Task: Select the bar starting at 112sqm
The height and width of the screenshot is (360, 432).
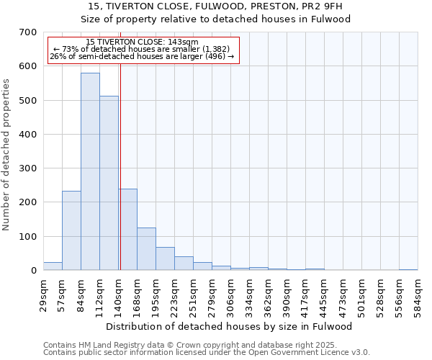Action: point(109,183)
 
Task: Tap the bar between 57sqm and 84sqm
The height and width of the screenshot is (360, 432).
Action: point(71,230)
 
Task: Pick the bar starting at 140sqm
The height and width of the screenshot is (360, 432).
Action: point(128,230)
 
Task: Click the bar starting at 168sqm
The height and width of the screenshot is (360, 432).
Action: point(146,249)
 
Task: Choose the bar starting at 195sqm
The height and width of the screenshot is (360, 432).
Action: point(165,258)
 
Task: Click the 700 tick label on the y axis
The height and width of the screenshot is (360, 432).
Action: point(28,32)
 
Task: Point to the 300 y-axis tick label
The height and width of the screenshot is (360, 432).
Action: point(28,168)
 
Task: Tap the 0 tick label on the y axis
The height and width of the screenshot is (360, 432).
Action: point(33,271)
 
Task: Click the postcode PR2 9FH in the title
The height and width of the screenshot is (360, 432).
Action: point(312,6)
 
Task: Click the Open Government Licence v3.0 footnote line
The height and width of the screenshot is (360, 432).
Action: point(207,353)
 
